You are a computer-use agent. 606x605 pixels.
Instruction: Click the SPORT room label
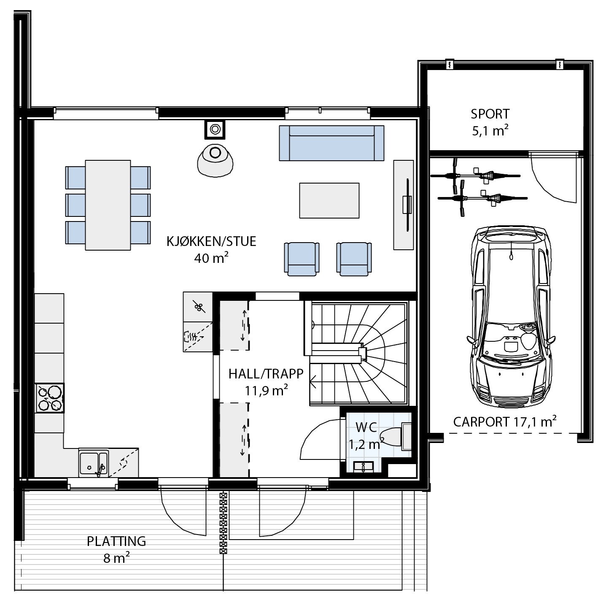(x=490, y=114)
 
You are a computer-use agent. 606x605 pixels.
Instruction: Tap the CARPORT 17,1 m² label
(x=504, y=421)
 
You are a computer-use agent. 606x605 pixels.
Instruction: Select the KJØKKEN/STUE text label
(x=211, y=241)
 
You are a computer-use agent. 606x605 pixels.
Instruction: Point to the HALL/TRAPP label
(x=266, y=374)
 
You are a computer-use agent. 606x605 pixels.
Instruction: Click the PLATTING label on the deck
(x=116, y=541)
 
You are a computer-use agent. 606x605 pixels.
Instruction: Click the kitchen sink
(x=93, y=463)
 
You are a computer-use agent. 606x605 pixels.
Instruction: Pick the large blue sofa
(x=331, y=143)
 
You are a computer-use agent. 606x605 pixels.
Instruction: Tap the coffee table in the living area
(x=329, y=200)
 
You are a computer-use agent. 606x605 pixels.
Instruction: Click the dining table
(x=108, y=205)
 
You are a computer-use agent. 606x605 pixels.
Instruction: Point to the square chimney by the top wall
(x=215, y=129)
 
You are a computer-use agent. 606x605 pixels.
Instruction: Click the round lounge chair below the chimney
(x=215, y=159)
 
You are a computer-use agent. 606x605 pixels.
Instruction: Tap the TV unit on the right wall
(x=404, y=205)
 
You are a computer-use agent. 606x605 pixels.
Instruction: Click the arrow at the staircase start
(x=314, y=384)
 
